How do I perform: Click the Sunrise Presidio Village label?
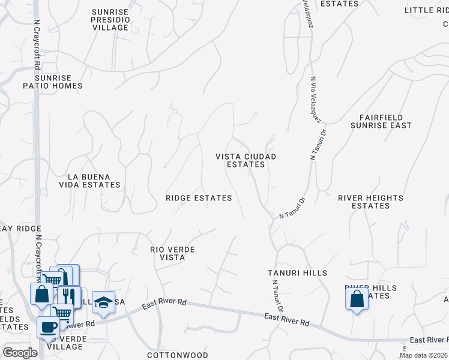[x=110, y=20]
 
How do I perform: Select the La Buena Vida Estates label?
[x=94, y=181]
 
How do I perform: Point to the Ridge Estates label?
[x=199, y=197]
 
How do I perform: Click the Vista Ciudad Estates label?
[x=246, y=160]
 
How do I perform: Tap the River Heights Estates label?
[x=370, y=202]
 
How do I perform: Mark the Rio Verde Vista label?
[x=173, y=253]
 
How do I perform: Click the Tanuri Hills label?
[x=297, y=273]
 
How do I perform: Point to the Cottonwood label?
[x=185, y=355]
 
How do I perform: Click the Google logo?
[x=20, y=353]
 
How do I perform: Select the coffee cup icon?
[x=48, y=328]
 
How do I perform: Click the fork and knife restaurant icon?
[x=69, y=296]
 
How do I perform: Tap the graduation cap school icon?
[x=103, y=302]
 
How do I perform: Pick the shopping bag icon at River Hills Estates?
[x=357, y=298]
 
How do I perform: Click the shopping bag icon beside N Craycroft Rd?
[x=41, y=295]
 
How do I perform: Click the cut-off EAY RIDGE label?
[x=14, y=228]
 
